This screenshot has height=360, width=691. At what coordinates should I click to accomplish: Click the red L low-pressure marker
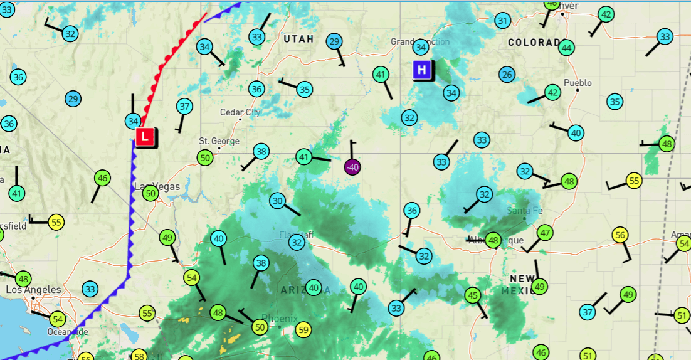pyautogui.click(x=145, y=136)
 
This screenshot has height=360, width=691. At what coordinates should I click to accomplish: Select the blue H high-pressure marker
pyautogui.click(x=422, y=70)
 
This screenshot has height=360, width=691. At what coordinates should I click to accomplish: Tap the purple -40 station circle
pyautogui.click(x=353, y=167)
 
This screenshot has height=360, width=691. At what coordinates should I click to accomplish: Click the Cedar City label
pyautogui.click(x=240, y=112)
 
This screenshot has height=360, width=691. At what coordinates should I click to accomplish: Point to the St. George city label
pyautogui.click(x=219, y=141)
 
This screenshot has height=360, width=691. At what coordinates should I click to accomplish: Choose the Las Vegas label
pyautogui.click(x=157, y=186)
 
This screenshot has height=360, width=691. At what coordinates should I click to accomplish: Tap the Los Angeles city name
pyautogui.click(x=34, y=290)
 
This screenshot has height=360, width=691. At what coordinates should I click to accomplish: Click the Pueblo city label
pyautogui.click(x=578, y=83)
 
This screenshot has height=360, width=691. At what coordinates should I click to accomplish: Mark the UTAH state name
pyautogui.click(x=298, y=39)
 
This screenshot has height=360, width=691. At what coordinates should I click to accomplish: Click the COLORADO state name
pyautogui.click(x=534, y=42)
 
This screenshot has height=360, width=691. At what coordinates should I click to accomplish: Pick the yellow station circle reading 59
pyautogui.click(x=303, y=329)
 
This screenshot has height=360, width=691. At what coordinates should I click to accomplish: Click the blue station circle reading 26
pyautogui.click(x=507, y=75)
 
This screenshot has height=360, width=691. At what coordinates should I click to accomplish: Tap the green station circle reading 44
pyautogui.click(x=567, y=47)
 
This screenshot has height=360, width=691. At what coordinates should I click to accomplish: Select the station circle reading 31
pyautogui.click(x=502, y=21)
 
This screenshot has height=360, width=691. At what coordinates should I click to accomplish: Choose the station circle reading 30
pyautogui.click(x=278, y=201)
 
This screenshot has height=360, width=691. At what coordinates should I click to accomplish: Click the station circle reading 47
pyautogui.click(x=546, y=233)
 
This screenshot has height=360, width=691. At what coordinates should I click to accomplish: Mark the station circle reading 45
pyautogui.click(x=473, y=295)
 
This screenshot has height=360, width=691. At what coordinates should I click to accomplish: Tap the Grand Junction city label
pyautogui.click(x=420, y=42)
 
